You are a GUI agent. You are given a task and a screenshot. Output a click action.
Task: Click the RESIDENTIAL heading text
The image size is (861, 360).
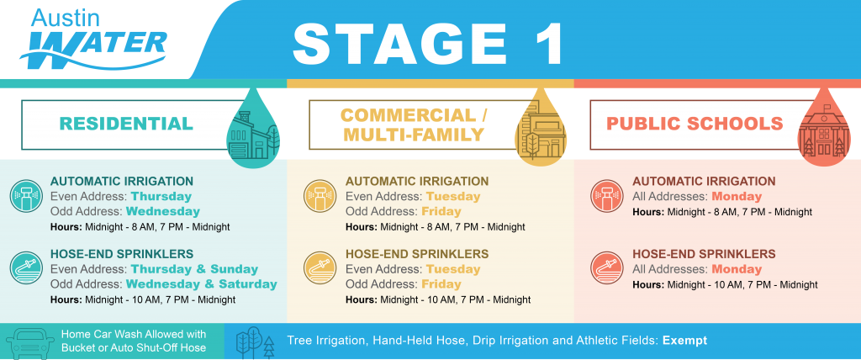coord(126,123)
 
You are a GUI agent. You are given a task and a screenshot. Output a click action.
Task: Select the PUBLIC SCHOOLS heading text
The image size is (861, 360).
coord(695,123)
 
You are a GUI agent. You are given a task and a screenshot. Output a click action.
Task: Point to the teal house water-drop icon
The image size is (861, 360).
coord(253,128)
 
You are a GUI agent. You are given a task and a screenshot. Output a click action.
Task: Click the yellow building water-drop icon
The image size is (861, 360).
coord(541,128)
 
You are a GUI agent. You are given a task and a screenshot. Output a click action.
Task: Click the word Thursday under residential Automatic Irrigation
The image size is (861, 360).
coord(161,196)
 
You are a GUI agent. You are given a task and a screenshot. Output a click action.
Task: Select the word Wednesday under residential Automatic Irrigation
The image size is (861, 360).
coord(163,211)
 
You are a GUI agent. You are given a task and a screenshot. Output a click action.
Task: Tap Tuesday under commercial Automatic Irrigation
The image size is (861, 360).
coord(453,196)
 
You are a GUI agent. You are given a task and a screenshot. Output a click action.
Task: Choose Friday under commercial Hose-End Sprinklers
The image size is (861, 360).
coord(441,284)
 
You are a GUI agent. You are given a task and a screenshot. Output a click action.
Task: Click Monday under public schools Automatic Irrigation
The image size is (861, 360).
coord(737,196)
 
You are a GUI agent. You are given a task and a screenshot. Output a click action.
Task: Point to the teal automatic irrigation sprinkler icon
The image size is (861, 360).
coord(26,196)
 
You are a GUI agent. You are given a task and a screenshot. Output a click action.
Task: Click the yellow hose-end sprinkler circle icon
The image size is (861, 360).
coord(320,269)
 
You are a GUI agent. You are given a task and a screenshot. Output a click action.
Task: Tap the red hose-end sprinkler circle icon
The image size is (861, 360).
coord(608,269)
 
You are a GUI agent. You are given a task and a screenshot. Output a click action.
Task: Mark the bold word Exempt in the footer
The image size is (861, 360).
coord(684,341)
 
